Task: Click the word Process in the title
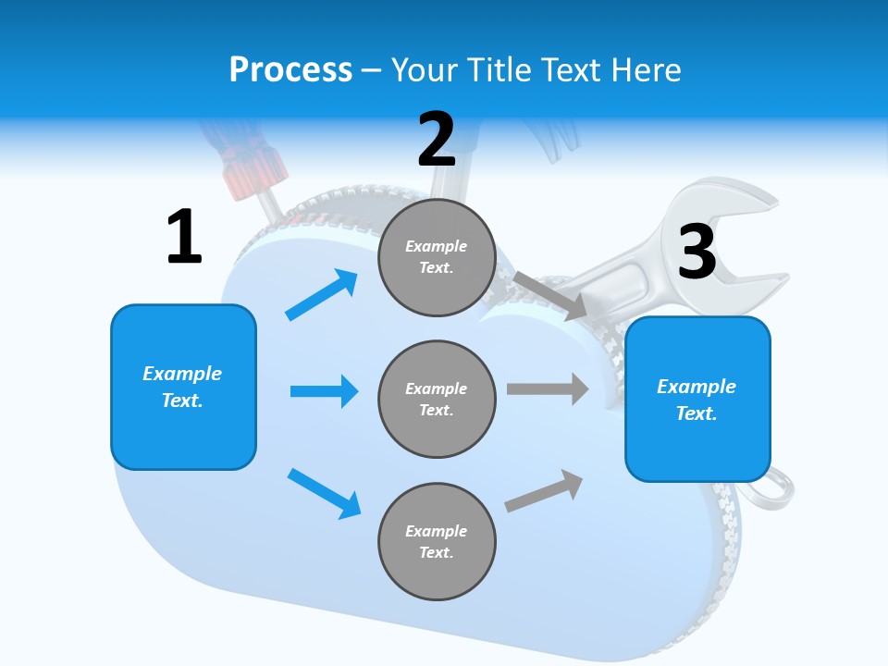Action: click(290, 69)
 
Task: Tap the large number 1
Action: click(184, 237)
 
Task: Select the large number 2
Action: click(437, 140)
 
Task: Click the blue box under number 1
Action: click(183, 387)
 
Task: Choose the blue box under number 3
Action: click(697, 400)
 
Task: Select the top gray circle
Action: click(437, 257)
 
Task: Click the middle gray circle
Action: click(437, 399)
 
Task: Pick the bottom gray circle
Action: click(437, 541)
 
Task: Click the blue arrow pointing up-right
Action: click(322, 294)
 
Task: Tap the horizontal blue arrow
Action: click(324, 391)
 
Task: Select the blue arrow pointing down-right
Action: click(325, 493)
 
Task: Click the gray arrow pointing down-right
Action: click(550, 295)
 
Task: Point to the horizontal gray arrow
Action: click(548, 388)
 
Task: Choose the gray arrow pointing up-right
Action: click(545, 490)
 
